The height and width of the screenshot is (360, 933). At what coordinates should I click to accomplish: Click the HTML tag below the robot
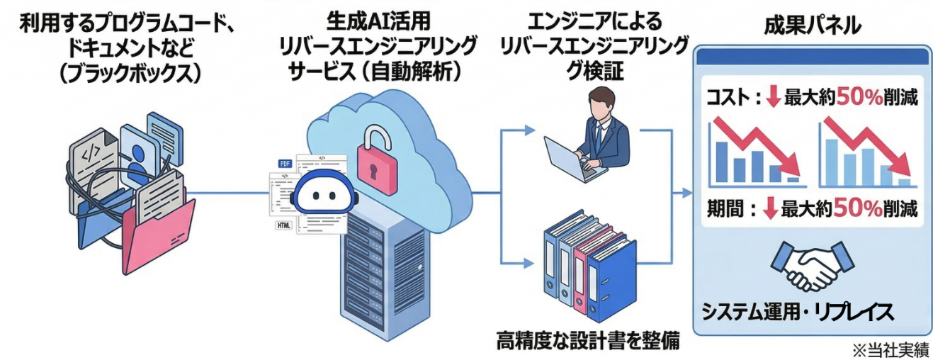[283, 225]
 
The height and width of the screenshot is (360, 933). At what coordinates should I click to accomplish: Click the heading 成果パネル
[812, 26]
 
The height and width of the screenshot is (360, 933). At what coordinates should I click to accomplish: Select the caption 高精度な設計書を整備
[588, 341]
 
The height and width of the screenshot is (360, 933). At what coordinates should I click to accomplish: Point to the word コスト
[726, 99]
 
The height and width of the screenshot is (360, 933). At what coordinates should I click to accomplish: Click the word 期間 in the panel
[724, 209]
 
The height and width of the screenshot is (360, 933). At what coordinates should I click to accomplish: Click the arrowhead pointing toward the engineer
[529, 130]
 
